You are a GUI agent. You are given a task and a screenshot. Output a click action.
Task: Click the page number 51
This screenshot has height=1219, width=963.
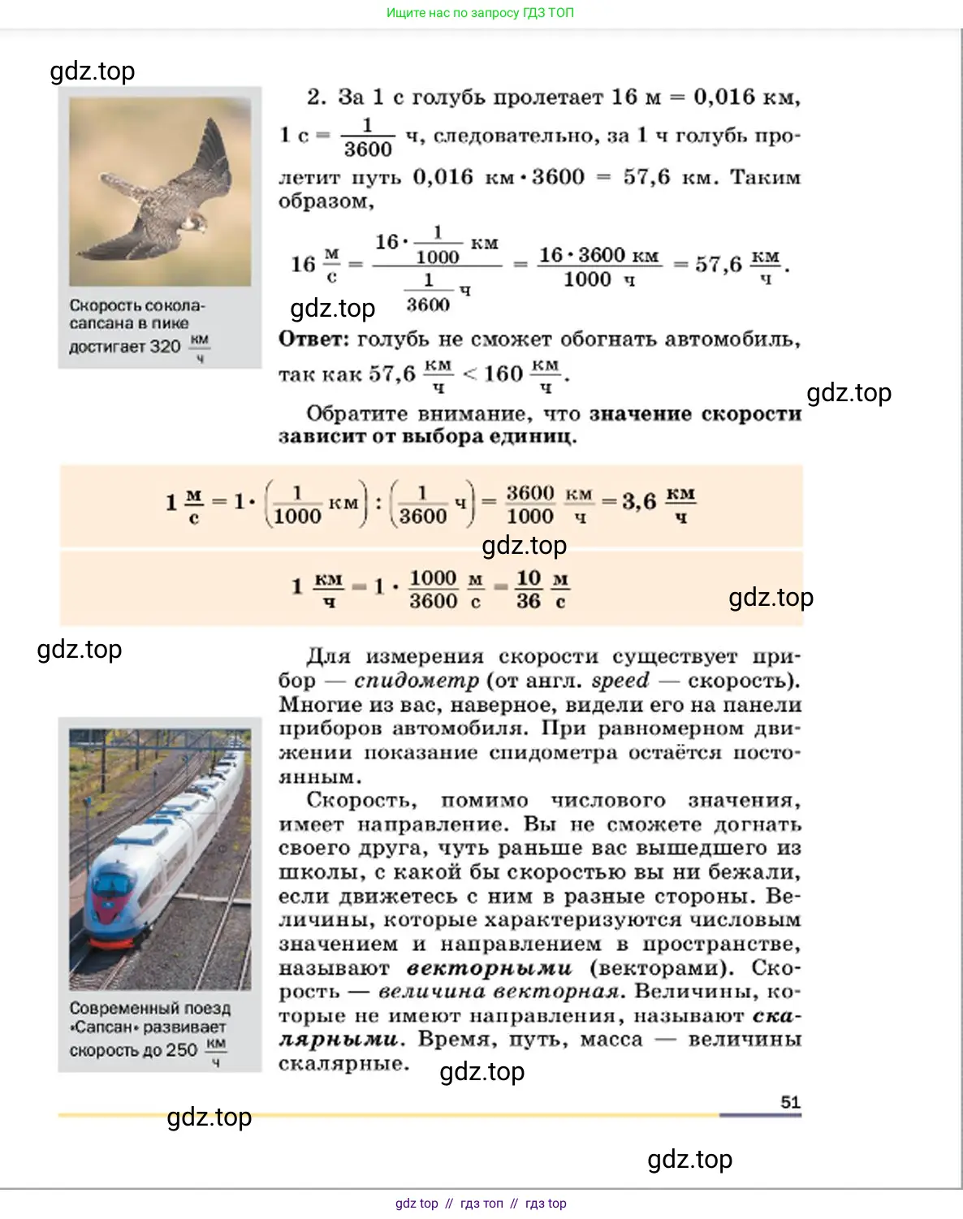tap(790, 1102)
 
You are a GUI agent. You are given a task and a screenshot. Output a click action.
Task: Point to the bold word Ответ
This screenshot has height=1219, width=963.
tap(313, 339)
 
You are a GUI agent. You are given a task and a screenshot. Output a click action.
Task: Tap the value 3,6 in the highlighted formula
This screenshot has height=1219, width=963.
tap(639, 502)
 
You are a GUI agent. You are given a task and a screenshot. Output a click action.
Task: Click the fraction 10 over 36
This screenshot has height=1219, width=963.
tap(529, 590)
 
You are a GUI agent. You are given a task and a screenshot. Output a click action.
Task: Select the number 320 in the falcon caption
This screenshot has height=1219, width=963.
tap(165, 347)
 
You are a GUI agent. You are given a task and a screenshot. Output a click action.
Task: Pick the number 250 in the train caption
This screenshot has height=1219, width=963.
tap(182, 1050)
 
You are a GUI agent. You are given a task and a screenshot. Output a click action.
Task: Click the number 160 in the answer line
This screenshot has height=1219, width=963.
tap(503, 374)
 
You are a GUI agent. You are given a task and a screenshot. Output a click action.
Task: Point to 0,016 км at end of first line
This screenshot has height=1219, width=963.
tap(745, 97)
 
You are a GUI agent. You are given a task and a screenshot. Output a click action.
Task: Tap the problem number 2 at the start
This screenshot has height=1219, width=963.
tap(315, 97)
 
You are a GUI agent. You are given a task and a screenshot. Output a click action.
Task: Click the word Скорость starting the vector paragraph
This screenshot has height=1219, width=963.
tap(361, 801)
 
